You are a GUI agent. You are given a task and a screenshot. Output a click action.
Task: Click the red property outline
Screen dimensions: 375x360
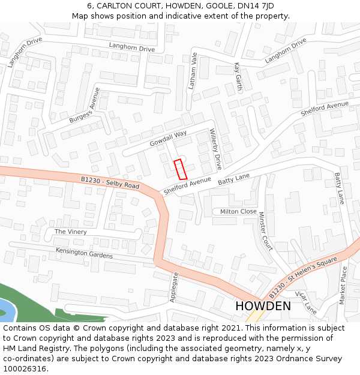tap(180, 169)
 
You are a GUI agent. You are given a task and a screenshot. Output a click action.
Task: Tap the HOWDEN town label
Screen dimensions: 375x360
tap(263, 306)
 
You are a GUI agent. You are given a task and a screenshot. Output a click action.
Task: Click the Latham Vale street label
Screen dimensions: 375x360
tap(193, 71)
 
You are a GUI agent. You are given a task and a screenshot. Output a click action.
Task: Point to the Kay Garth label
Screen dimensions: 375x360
tap(238, 76)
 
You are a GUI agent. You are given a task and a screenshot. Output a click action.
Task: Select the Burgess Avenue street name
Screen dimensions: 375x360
tap(85, 106)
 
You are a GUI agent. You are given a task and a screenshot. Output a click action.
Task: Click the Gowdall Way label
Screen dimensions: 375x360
tap(168, 139)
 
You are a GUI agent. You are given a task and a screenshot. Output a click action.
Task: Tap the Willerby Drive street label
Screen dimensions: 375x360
tap(215, 149)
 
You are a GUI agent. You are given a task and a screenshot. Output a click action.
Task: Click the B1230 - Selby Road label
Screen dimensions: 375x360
tap(110, 182)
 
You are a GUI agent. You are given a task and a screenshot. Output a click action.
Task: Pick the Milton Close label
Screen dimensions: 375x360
tap(238, 211)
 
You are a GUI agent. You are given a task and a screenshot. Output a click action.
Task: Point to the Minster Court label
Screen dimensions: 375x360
tap(265, 231)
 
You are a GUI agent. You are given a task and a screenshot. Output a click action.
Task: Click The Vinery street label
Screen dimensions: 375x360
tap(71, 232)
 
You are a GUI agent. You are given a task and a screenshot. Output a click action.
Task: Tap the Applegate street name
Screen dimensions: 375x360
tap(175, 287)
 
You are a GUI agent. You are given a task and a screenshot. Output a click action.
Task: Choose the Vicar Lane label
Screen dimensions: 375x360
tap(306, 303)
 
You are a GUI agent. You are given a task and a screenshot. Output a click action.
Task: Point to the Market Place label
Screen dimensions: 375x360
tap(343, 286)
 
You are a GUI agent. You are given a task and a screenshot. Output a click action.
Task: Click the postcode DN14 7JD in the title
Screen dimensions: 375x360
tap(254, 5)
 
